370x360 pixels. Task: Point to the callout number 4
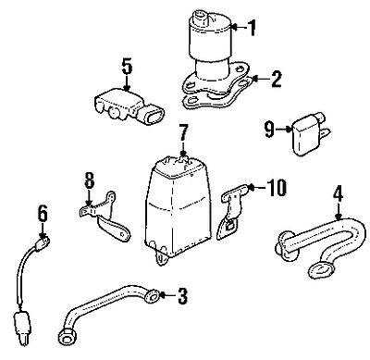tap(338, 194)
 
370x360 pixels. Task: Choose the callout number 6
tap(43, 215)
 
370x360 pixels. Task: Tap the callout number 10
tap(277, 190)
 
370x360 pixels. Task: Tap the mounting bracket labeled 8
tap(104, 211)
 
